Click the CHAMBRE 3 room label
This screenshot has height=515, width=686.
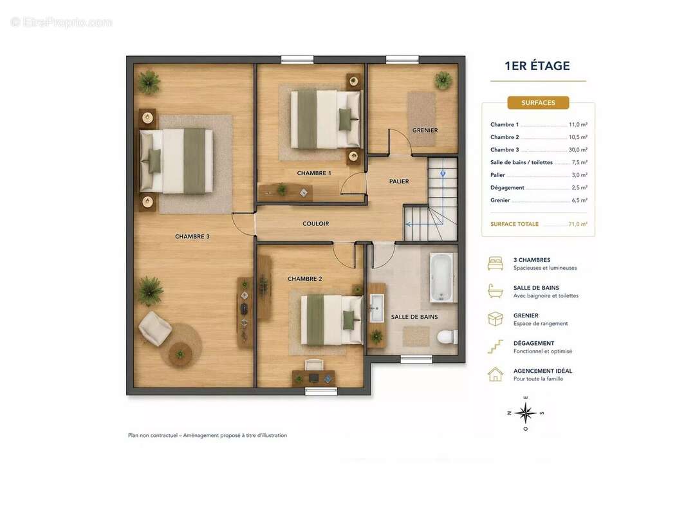[x=192, y=236]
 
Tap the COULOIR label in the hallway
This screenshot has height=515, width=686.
[x=315, y=223]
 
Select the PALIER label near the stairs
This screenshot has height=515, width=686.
[x=399, y=181]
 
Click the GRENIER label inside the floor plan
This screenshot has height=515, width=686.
[x=425, y=130]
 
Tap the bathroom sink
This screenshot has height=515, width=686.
[x=376, y=308]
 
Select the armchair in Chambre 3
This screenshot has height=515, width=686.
[x=154, y=328]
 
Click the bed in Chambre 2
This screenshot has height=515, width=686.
[x=331, y=319]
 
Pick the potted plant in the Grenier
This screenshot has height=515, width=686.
[x=443, y=80]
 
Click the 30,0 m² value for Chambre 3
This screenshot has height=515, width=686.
[x=578, y=149]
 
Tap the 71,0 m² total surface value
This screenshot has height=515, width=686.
[x=578, y=224]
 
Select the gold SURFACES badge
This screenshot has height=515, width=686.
[x=538, y=103]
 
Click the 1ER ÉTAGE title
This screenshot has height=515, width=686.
[x=537, y=66]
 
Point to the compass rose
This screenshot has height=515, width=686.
[x=525, y=413]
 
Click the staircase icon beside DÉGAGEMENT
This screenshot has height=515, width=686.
[x=496, y=347]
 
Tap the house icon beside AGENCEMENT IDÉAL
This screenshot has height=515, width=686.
[x=496, y=375]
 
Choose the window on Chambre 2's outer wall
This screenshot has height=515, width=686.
[x=321, y=391]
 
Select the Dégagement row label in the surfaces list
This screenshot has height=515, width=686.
[x=507, y=188]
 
